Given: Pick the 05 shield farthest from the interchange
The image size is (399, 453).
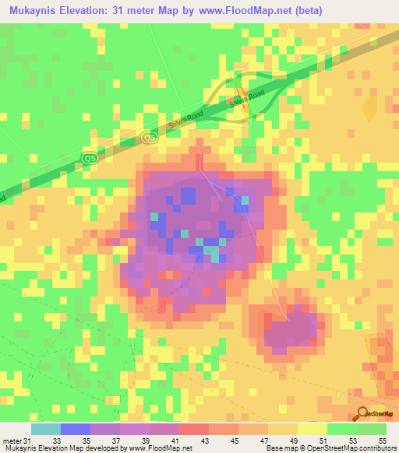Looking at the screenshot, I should tap(90, 158).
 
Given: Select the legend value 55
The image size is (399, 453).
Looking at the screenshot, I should tap(382, 442).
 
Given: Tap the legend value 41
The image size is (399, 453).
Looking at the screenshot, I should tap(176, 442).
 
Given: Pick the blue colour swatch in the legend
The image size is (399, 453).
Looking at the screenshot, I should tap(76, 429).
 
